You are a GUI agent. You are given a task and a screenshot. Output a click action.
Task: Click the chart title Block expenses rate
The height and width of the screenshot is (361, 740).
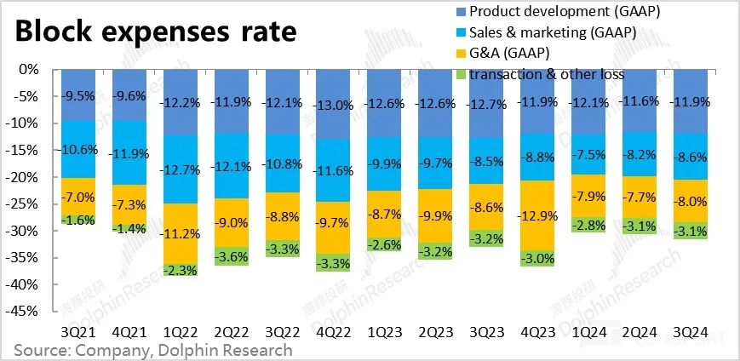pyautogui.click(x=154, y=32)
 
